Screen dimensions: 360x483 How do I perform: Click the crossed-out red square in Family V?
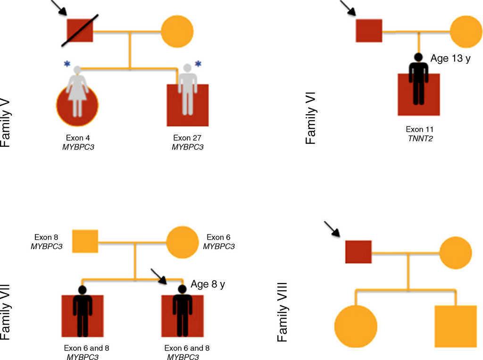click(80, 31)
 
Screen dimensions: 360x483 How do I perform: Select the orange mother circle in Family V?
click(177, 32)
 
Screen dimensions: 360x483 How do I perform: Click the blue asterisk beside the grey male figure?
click(198, 64)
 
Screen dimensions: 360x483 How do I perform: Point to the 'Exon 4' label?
click(77, 138)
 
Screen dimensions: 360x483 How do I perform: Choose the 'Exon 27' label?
click(187, 138)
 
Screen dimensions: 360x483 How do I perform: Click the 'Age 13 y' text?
click(450, 59)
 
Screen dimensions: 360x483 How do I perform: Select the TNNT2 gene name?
click(419, 138)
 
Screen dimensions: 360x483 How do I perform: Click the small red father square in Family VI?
click(368, 31)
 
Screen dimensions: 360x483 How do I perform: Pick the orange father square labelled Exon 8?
click(85, 241)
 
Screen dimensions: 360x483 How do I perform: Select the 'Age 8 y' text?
click(208, 284)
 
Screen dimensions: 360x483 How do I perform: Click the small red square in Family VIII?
click(358, 251)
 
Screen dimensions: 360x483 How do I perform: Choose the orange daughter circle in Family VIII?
click(356, 326)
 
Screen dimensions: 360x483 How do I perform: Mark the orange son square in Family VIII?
click(455, 326)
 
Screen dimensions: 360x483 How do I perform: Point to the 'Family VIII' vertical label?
click(283, 312)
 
